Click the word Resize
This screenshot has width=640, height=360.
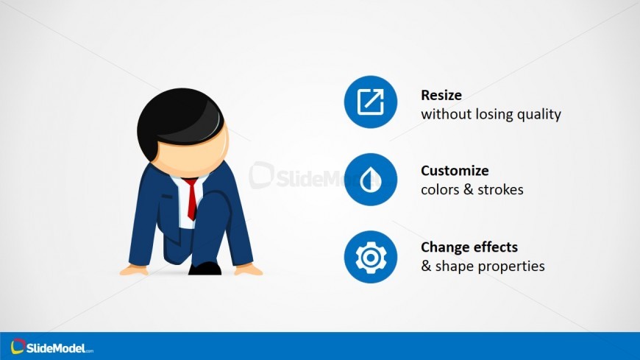441,95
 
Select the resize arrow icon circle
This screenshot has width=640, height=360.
371,102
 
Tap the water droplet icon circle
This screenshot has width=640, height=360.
371,180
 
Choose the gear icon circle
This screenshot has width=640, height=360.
371,257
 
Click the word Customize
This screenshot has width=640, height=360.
455,170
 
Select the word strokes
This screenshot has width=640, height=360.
500,190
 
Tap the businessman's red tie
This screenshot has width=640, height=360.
191,199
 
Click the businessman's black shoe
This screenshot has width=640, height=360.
205,269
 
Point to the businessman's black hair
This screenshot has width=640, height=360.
179,121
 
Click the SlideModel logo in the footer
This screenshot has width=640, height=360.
51,347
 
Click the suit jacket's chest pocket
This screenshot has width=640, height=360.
167,197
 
